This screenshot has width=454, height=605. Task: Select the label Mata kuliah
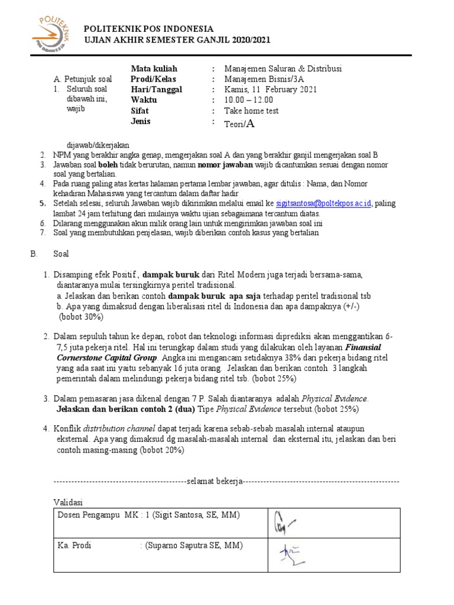coord(154,69)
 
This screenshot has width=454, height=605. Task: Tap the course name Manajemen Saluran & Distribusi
coord(283,69)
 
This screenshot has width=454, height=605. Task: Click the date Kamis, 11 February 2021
coord(271,90)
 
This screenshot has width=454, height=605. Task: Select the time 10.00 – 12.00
coord(248,100)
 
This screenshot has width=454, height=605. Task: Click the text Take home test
coord(251,111)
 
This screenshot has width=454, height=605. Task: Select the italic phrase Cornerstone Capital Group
coord(107,358)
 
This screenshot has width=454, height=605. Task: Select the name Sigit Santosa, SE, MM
coord(196,515)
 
